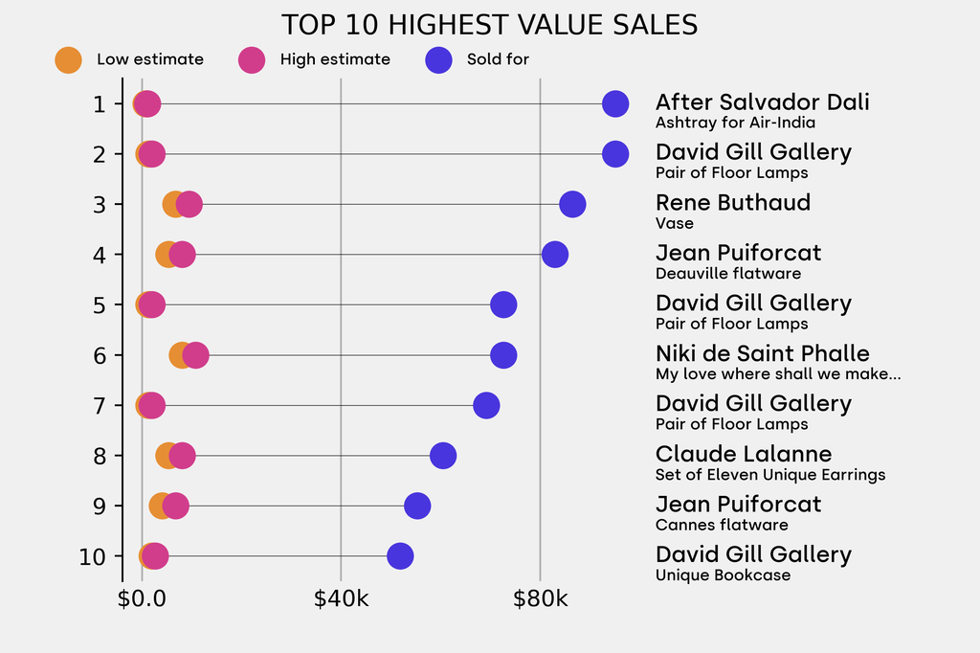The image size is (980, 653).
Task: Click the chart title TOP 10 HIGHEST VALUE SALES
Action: coord(489,24)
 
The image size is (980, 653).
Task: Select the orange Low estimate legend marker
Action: coord(68,59)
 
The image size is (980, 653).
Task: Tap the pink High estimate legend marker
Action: coord(252,59)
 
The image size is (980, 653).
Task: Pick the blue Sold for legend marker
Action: coord(437,59)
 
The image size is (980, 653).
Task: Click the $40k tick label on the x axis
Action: coord(341,600)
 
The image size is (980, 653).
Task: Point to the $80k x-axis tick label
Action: coord(540,600)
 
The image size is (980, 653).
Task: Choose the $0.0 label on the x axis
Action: coord(142,600)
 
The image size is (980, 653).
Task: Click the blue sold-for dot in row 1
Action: coord(615,103)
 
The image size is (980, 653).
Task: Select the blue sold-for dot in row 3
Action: coord(572,204)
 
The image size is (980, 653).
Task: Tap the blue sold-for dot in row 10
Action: coord(400,555)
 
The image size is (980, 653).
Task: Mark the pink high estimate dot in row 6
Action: coord(195,355)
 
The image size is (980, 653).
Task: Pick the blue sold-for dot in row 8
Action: coord(443,456)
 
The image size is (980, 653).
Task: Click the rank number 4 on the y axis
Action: coord(100,255)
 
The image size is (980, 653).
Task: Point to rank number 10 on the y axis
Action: coord(93,556)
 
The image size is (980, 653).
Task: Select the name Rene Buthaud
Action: coord(732,203)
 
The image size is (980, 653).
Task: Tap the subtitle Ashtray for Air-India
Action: coord(735,123)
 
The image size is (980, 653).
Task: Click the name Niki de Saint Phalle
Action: coord(762,353)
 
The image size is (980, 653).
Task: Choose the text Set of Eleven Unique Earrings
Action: coord(770,475)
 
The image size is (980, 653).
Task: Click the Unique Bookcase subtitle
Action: coord(723,575)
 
